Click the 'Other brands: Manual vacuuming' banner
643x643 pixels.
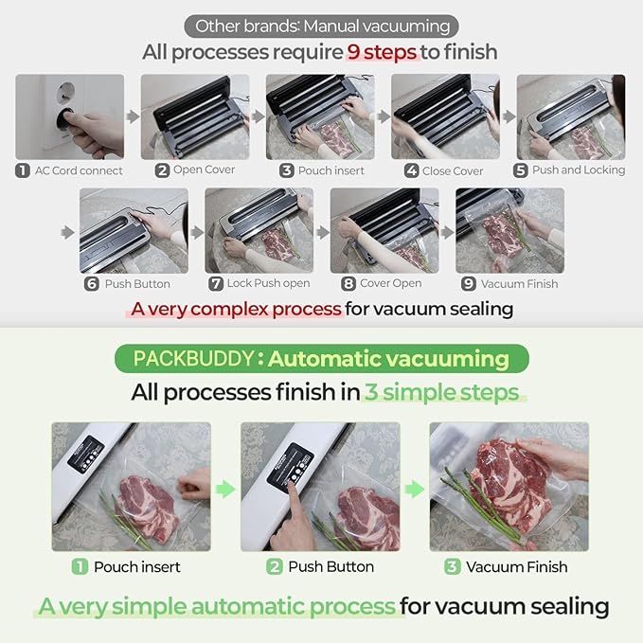pyautogui.click(x=321, y=26)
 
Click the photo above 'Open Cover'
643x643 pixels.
pyautogui.click(x=195, y=116)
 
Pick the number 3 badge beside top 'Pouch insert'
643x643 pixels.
pyautogui.click(x=287, y=170)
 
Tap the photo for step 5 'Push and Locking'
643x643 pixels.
pyautogui.click(x=570, y=116)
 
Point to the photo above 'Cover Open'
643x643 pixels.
pyautogui.click(x=384, y=230)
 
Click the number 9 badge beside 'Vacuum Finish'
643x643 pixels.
pyautogui.click(x=469, y=283)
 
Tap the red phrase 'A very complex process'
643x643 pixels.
pyautogui.click(x=236, y=309)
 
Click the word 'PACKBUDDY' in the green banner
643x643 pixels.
pyautogui.click(x=194, y=359)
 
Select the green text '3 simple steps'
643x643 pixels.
pyautogui.click(x=442, y=392)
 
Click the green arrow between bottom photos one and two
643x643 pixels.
pyautogui.click(x=224, y=489)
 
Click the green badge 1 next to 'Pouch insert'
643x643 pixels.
pyautogui.click(x=80, y=566)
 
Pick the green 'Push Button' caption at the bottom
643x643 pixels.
pyautogui.click(x=331, y=566)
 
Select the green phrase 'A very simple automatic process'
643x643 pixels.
pyautogui.click(x=217, y=606)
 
